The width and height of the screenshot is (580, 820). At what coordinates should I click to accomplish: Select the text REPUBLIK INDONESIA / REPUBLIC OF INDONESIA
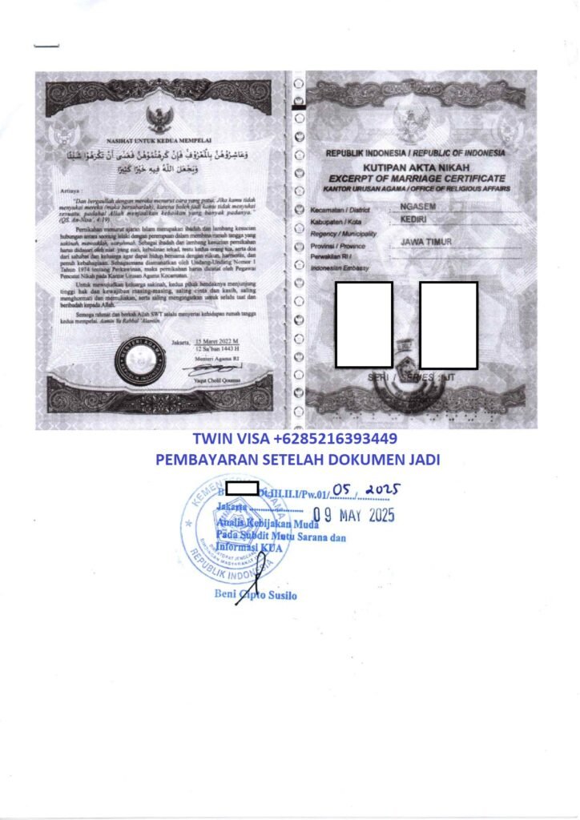(x=415, y=152)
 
